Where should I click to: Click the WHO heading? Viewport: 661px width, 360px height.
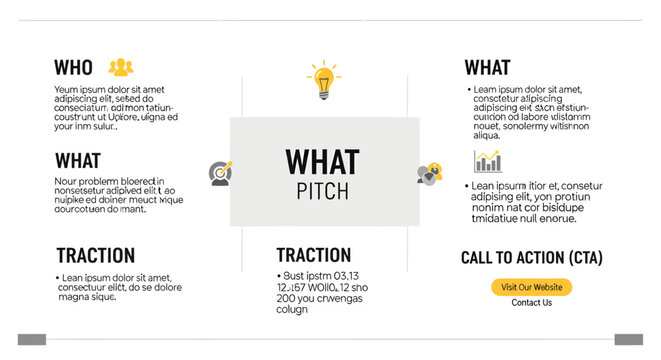[73, 68]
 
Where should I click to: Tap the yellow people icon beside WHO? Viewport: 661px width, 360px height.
[121, 67]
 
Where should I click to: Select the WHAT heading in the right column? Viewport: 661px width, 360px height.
[487, 68]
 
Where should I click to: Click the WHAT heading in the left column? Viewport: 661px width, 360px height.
[77, 160]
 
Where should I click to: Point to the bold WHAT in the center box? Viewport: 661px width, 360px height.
[322, 163]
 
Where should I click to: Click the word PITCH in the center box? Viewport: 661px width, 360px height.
[322, 191]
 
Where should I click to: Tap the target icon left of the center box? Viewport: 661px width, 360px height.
[221, 173]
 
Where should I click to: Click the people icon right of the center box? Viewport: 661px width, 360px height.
[428, 173]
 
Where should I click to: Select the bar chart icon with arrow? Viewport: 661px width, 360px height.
[488, 160]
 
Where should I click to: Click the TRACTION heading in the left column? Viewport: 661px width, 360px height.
[95, 255]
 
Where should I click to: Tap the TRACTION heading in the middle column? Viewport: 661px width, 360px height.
[313, 255]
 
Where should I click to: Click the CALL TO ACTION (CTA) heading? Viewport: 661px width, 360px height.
[531, 257]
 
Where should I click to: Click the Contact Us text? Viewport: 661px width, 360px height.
[531, 303]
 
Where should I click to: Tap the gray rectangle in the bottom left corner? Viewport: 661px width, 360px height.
[31, 339]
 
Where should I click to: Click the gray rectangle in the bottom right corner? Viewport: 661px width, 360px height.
[628, 339]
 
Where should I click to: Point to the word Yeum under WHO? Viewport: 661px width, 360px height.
[66, 90]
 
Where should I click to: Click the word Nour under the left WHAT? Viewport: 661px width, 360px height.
[65, 181]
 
